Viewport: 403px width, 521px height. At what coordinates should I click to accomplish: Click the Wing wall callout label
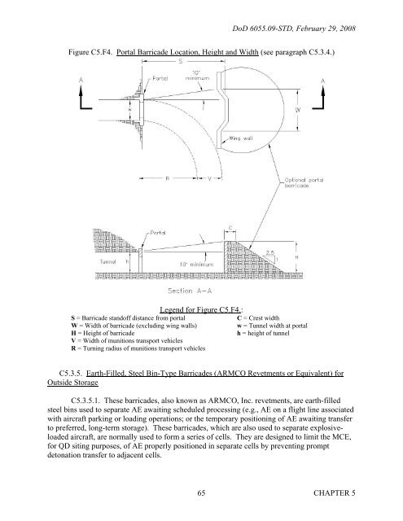[x=245, y=139]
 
